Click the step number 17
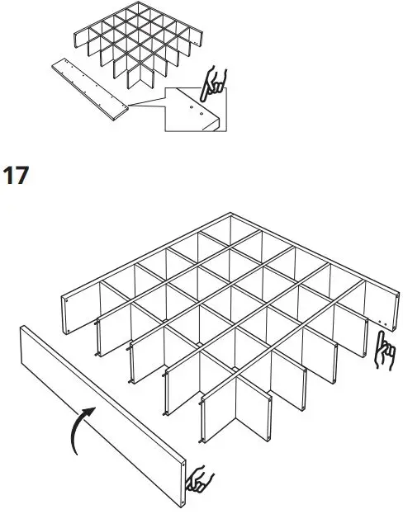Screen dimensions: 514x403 click(17, 176)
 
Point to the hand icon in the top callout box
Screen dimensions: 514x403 click(216, 82)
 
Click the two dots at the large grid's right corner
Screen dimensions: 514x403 click(379, 318)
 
